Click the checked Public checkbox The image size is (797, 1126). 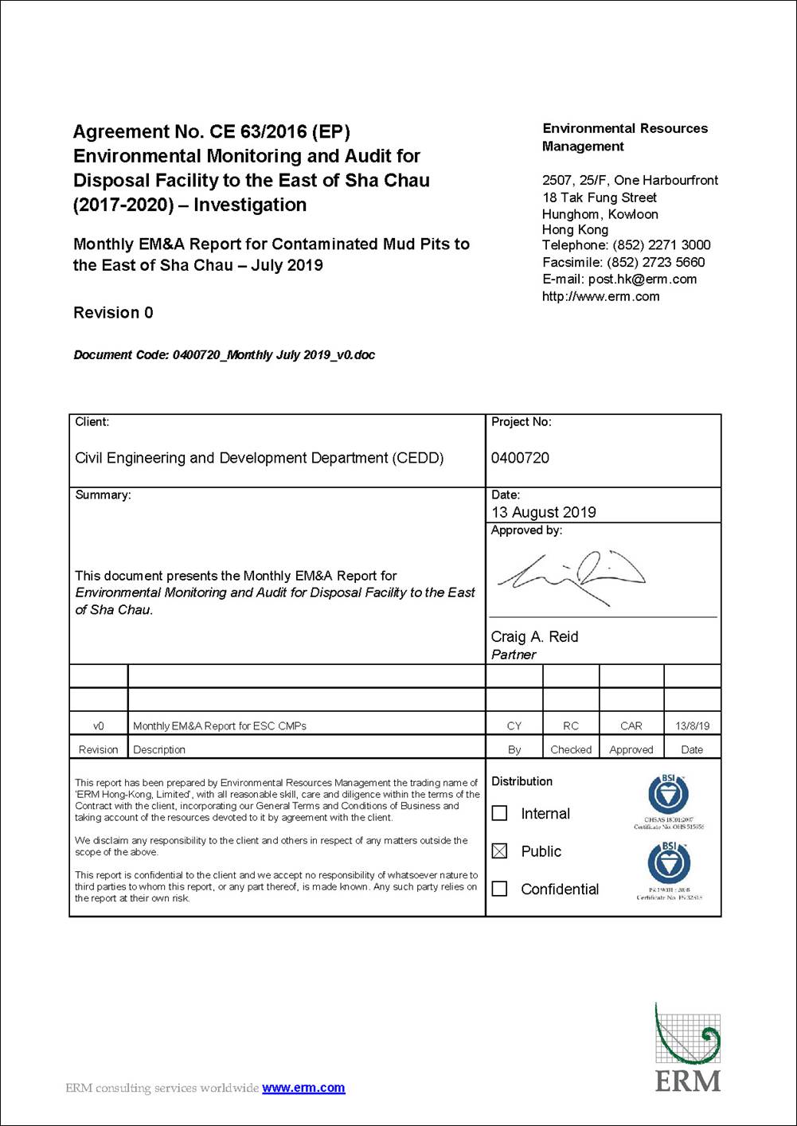499,851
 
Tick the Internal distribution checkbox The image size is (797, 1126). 499,813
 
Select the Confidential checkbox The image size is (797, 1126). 499,889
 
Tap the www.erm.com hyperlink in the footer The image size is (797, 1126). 303,1088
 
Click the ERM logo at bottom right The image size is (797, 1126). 688,1047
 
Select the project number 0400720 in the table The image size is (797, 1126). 520,458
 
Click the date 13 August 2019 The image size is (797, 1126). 544,512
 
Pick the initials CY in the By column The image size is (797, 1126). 514,725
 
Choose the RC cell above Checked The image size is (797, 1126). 571,725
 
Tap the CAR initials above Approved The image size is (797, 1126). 631,725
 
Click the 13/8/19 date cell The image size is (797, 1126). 692,725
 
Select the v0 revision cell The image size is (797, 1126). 99,725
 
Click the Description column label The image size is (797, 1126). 159,749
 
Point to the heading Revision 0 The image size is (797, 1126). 113,313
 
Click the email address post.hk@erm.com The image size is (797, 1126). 642,279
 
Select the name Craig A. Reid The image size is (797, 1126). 534,636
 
